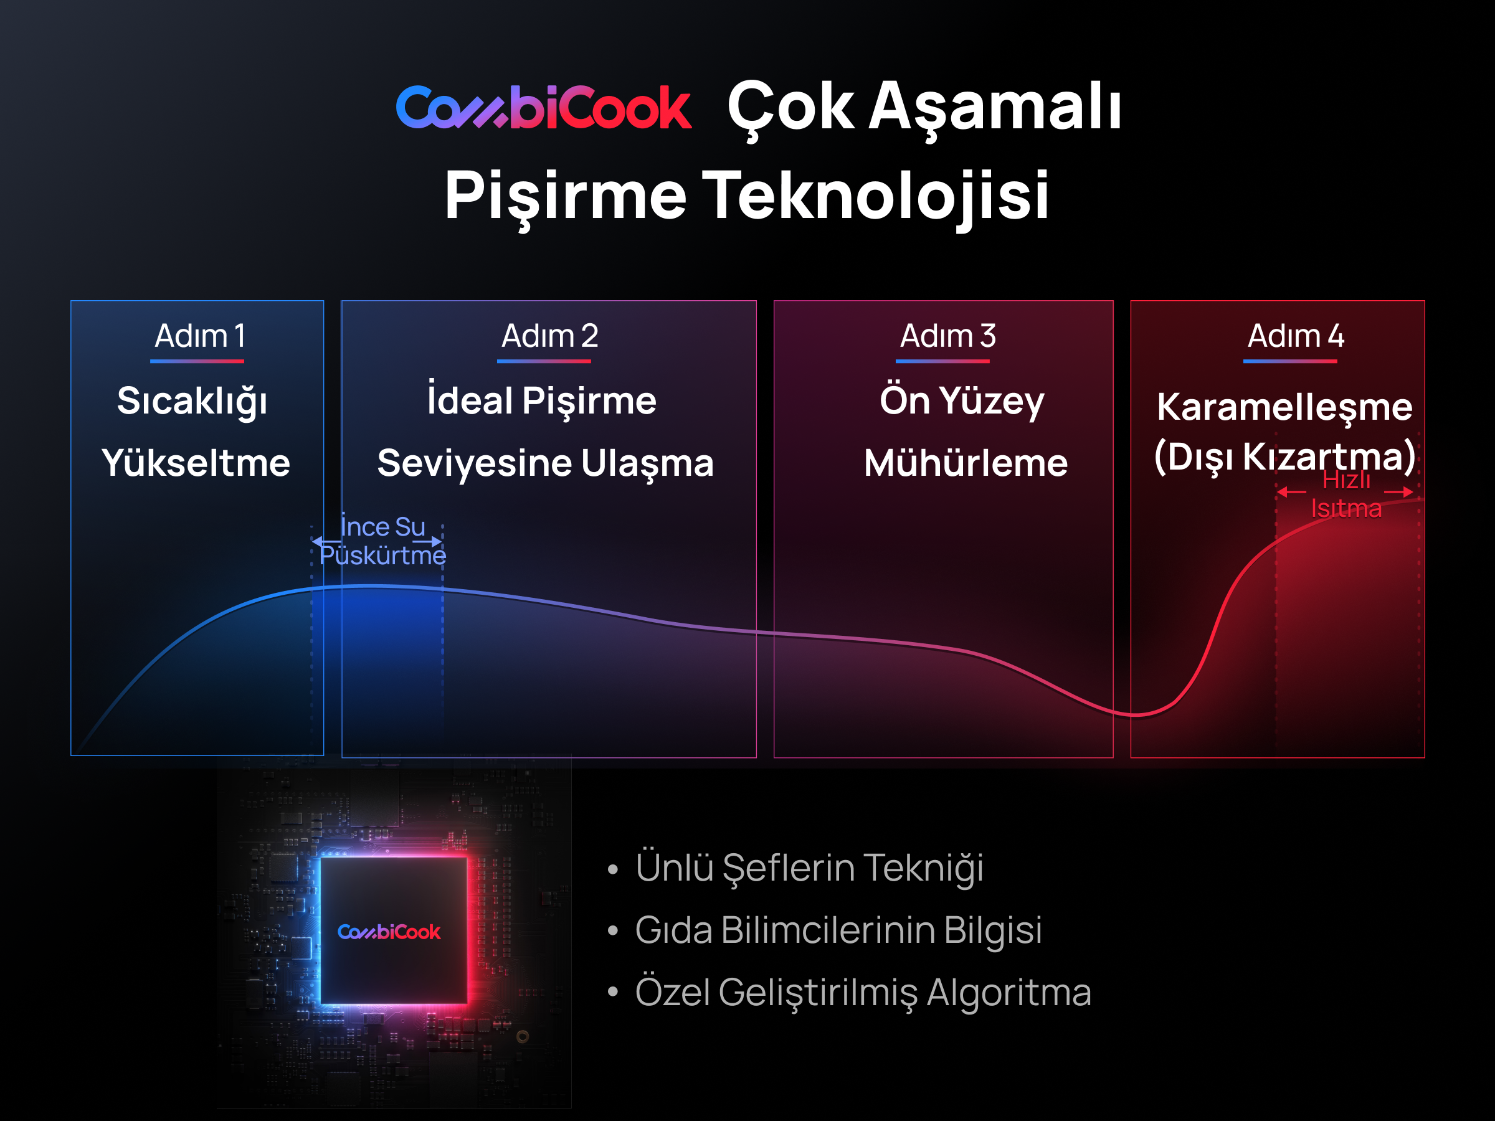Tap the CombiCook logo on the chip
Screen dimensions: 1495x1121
(x=389, y=932)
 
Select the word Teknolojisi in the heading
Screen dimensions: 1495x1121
(x=876, y=196)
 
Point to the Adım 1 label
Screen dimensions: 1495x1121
(x=199, y=336)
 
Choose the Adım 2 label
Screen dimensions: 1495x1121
(x=549, y=336)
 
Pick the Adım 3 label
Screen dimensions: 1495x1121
(x=947, y=336)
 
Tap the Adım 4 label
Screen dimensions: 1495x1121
(x=1295, y=336)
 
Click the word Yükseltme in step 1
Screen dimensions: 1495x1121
(x=196, y=463)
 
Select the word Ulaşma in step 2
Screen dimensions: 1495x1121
(x=647, y=464)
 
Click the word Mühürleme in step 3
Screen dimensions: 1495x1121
(x=966, y=463)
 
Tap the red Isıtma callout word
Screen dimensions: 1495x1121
(x=1346, y=508)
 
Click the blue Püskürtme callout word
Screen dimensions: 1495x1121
(x=382, y=556)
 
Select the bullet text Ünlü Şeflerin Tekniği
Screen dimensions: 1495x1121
(x=809, y=868)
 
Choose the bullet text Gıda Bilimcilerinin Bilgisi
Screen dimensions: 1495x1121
(x=838, y=930)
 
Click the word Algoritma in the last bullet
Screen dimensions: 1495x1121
(x=1009, y=993)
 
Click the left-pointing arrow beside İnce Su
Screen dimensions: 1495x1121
(x=327, y=542)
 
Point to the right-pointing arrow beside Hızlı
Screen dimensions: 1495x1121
(x=1398, y=491)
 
